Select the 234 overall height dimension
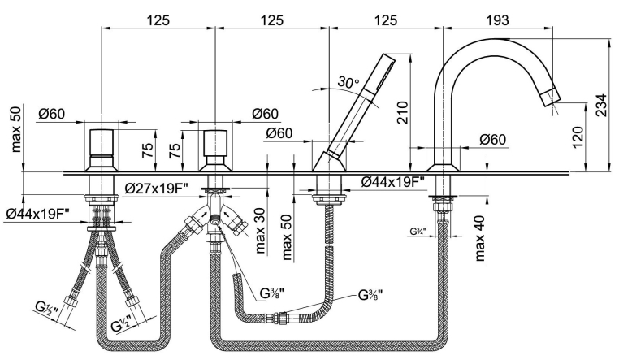coord(600,102)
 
